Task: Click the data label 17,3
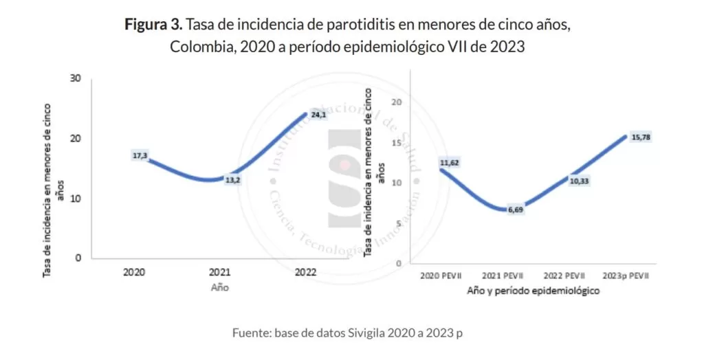click(x=140, y=156)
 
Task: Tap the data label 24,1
click(x=318, y=115)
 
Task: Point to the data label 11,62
click(x=448, y=163)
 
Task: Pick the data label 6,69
click(x=516, y=210)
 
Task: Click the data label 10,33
click(x=577, y=180)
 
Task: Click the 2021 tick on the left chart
click(x=220, y=272)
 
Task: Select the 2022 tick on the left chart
click(x=305, y=272)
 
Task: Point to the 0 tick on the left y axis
click(x=78, y=258)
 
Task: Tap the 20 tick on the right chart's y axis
click(x=395, y=102)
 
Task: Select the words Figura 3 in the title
click(x=153, y=25)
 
